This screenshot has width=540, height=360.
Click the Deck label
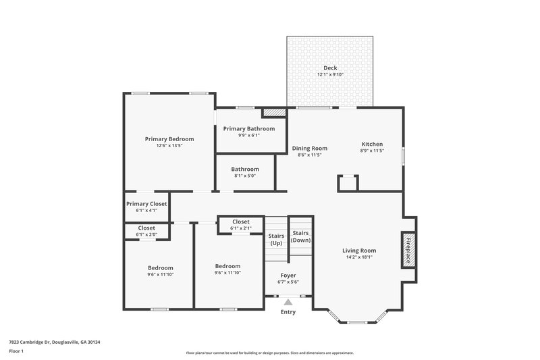[329, 68]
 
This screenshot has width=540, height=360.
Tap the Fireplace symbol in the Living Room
[408, 250]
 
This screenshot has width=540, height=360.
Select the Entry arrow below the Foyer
[288, 303]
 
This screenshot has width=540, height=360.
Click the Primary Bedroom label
[169, 138]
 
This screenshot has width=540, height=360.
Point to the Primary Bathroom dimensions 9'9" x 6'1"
[249, 135]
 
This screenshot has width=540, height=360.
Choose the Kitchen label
[372, 144]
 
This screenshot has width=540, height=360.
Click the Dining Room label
[309, 149]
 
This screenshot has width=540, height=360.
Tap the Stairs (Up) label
[276, 239]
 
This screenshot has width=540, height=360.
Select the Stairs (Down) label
[301, 236]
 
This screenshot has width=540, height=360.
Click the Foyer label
[288, 276]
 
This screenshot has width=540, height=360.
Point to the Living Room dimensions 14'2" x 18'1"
[359, 257]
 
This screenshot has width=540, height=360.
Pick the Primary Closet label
[146, 203]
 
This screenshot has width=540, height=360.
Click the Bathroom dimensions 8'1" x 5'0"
[245, 176]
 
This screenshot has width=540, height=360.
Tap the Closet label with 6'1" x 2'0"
[146, 228]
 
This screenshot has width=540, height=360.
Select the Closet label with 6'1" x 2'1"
[241, 222]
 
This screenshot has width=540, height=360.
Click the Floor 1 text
[16, 352]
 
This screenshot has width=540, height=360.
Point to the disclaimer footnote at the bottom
[269, 353]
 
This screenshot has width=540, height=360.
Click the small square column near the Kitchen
[348, 182]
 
